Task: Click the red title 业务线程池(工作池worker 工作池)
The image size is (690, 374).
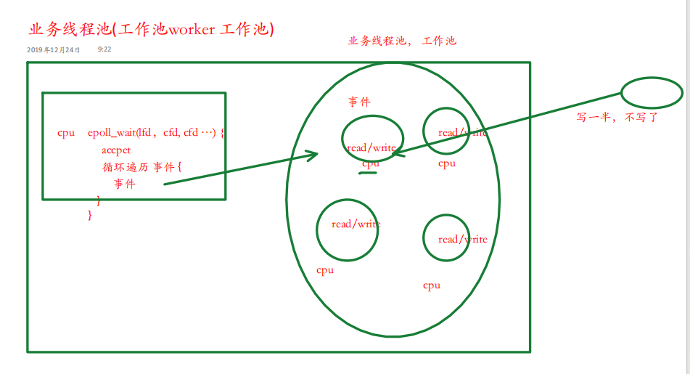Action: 151,30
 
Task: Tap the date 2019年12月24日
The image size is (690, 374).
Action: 53,50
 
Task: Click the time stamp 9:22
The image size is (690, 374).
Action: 104,50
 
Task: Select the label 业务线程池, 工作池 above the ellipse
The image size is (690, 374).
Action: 402,41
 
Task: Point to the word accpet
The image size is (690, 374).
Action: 116,150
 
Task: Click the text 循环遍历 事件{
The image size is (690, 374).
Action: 142,167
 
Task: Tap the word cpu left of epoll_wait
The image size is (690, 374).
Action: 66,133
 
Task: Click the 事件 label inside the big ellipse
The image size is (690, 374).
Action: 359,102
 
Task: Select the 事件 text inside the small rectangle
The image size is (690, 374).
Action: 124,184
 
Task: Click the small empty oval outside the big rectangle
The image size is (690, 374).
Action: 652,92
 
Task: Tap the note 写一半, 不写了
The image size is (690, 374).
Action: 617,117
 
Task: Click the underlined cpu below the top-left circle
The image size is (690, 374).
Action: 371,164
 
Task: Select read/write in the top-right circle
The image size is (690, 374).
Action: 462,132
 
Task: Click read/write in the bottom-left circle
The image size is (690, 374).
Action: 356,224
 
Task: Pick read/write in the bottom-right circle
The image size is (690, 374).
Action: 462,239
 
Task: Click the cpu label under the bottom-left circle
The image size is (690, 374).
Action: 325,270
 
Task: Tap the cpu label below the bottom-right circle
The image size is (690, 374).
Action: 432,285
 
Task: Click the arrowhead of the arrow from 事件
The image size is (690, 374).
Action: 313,154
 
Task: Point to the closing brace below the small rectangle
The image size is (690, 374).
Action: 90,215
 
